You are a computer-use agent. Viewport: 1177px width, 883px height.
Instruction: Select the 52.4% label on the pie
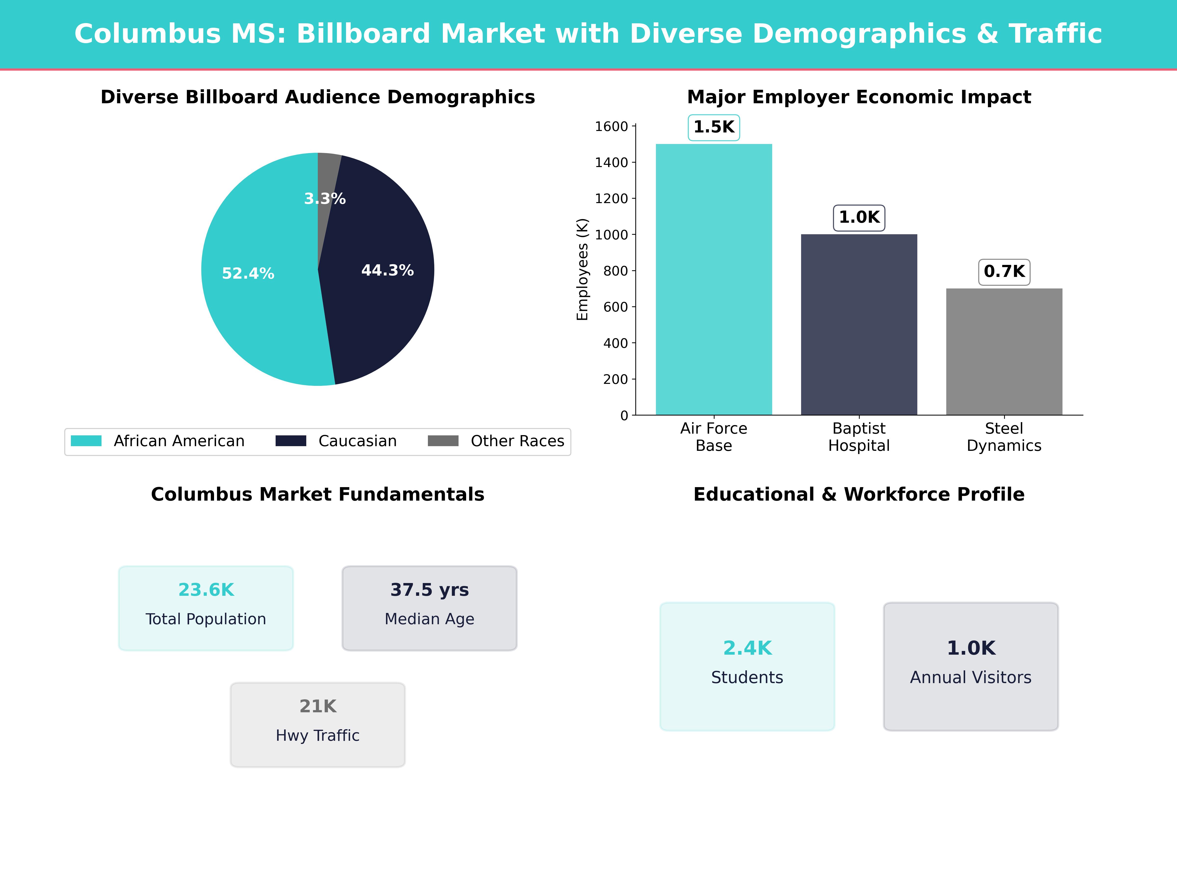[248, 273]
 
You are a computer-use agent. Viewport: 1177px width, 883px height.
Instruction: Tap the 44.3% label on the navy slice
[387, 270]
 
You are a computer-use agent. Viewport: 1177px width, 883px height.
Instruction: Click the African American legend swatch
[86, 441]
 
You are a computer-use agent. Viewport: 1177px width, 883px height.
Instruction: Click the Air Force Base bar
[714, 279]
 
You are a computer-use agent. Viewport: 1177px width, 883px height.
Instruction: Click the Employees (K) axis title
[583, 269]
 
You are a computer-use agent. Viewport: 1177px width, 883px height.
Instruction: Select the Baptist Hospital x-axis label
[859, 437]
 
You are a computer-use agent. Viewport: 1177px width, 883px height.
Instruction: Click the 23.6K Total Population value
[206, 590]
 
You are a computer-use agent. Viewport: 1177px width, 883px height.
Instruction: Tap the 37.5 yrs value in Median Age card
[429, 590]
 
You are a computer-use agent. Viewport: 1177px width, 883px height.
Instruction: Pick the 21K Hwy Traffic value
[318, 706]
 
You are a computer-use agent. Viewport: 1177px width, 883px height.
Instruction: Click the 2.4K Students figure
[747, 648]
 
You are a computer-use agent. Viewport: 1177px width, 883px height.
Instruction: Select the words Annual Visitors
[971, 677]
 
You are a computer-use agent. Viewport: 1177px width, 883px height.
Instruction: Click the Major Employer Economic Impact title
[859, 97]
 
